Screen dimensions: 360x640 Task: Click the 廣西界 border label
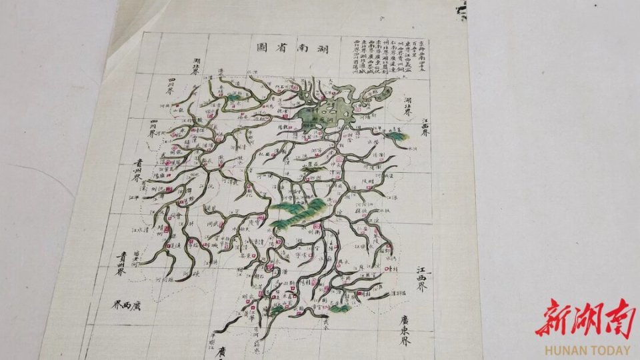pyautogui.click(x=126, y=305)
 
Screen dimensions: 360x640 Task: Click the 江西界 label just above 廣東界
pyautogui.click(x=421, y=280)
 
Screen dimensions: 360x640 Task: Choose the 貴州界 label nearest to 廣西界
pyautogui.click(x=120, y=263)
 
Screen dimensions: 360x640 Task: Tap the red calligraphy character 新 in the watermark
pyautogui.click(x=553, y=319)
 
